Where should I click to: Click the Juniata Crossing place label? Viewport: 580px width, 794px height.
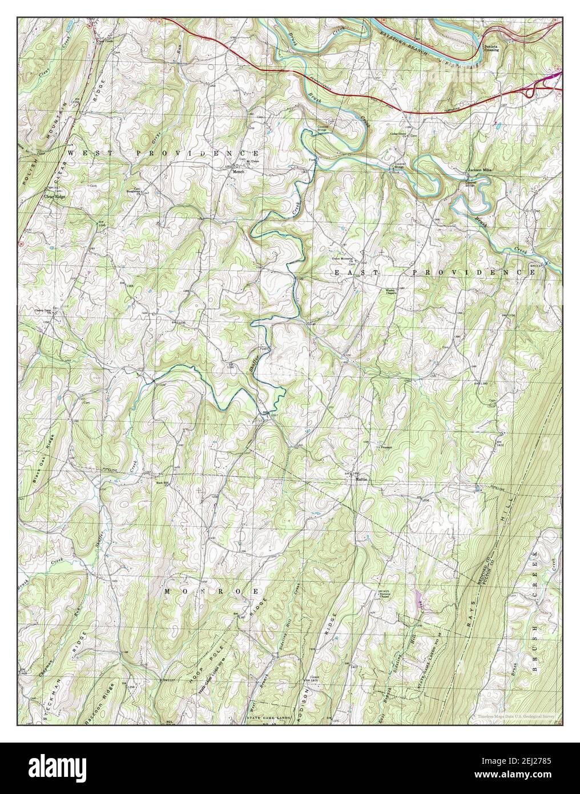[492, 47]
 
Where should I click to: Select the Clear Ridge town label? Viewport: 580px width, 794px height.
[55, 196]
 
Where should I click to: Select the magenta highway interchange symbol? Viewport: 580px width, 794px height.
[551, 77]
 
